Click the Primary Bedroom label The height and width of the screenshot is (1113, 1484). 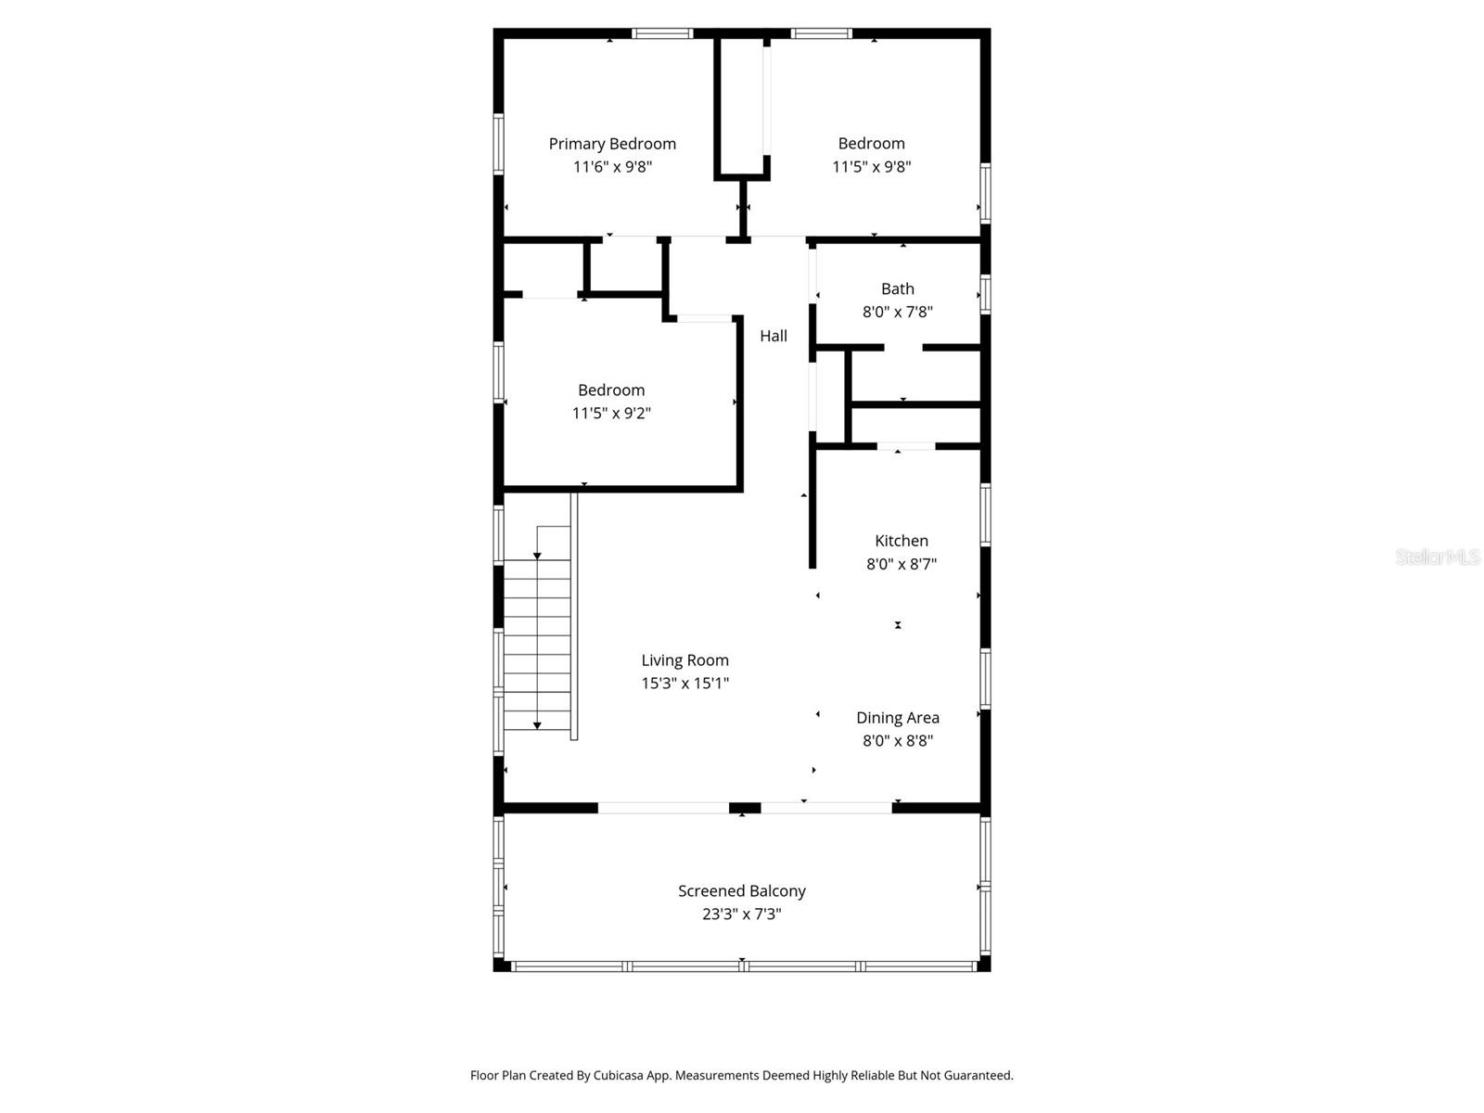click(612, 144)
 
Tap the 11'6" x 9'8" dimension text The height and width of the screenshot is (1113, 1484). click(612, 167)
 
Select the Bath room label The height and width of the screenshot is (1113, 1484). click(897, 288)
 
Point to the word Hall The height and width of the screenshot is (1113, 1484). click(774, 336)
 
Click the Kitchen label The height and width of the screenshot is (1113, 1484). click(901, 541)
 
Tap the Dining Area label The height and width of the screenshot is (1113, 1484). click(897, 717)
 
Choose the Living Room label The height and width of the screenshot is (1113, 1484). click(684, 660)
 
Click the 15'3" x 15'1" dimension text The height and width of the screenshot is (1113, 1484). click(684, 684)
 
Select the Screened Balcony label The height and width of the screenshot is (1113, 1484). click(741, 890)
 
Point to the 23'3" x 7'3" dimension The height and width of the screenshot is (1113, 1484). click(741, 914)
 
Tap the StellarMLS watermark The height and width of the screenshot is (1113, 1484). click(1437, 556)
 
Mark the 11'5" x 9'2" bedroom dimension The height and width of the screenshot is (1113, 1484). click(611, 414)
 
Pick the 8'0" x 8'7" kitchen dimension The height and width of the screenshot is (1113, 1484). click(901, 564)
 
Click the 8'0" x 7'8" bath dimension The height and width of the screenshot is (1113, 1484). click(897, 312)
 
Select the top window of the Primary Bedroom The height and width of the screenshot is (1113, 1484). click(662, 33)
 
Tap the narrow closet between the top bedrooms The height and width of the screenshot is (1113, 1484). click(741, 104)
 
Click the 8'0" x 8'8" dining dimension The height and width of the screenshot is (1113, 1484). click(897, 740)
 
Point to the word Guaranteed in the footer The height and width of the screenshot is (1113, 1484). click(976, 1076)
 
